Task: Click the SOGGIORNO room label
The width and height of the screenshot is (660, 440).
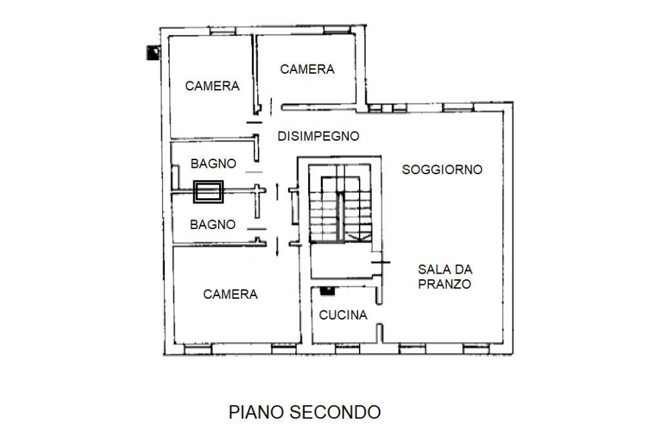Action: [442, 170]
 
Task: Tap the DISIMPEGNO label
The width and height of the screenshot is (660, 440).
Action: [318, 136]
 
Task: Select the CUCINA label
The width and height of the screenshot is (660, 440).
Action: [343, 315]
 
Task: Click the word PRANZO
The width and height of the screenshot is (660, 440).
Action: [445, 284]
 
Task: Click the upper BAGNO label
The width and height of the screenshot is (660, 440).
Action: [213, 163]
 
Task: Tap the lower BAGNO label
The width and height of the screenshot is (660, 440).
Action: [213, 225]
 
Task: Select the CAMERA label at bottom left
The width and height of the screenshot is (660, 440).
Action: [230, 294]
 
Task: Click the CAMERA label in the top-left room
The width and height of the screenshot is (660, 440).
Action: [212, 86]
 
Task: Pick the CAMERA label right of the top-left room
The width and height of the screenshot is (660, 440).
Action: [307, 69]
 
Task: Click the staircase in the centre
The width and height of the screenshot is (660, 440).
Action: [340, 204]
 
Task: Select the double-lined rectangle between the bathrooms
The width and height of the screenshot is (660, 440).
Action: [208, 192]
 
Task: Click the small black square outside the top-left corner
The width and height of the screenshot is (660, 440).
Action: [153, 52]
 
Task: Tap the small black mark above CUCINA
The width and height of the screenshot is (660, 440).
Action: [327, 290]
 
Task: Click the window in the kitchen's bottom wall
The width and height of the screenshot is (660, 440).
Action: [347, 349]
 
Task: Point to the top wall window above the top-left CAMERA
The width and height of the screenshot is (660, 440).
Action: [223, 31]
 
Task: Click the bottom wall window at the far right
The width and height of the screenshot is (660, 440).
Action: [476, 349]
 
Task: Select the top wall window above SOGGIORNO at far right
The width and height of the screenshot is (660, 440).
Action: [458, 107]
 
